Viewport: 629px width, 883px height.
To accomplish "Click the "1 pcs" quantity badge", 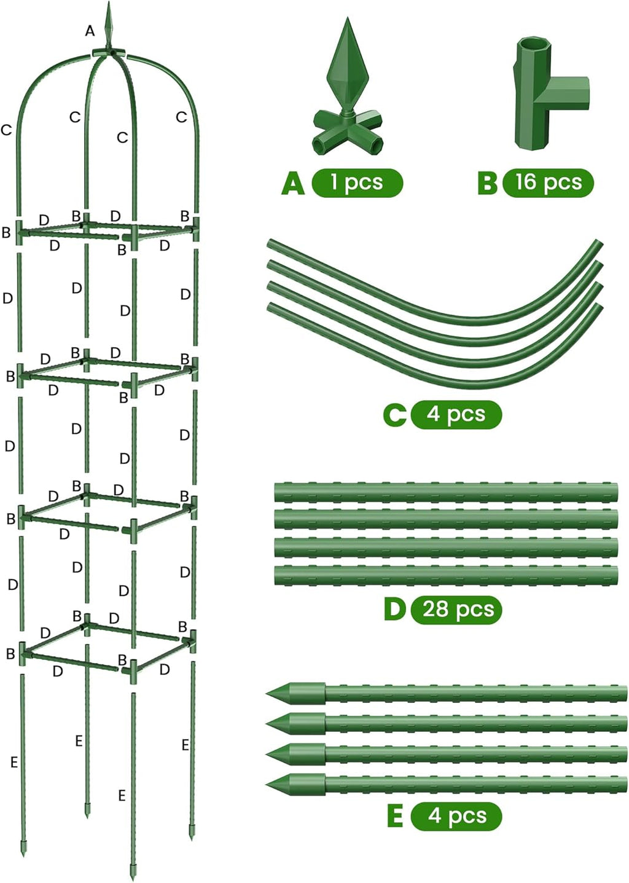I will click(357, 182).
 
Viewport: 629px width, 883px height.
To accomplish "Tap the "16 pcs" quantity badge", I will click(548, 182).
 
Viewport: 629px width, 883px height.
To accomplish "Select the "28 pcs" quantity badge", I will click(457, 609).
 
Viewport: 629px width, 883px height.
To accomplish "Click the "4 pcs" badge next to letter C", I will click(456, 414).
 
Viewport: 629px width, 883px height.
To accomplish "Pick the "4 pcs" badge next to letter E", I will click(456, 816).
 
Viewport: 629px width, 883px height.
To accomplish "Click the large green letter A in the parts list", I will click(293, 183).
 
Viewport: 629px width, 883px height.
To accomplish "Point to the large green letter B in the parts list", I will click(487, 183).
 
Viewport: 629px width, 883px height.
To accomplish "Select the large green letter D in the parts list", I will click(394, 610).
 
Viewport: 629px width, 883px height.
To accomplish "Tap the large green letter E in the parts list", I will click(395, 817).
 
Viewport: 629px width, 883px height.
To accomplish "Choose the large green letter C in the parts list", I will click(394, 415).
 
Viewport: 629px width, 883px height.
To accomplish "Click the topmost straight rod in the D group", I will click(446, 492).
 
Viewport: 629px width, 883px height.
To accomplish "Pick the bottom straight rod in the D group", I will click(446, 576).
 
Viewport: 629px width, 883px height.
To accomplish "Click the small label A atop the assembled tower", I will click(90, 31).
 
